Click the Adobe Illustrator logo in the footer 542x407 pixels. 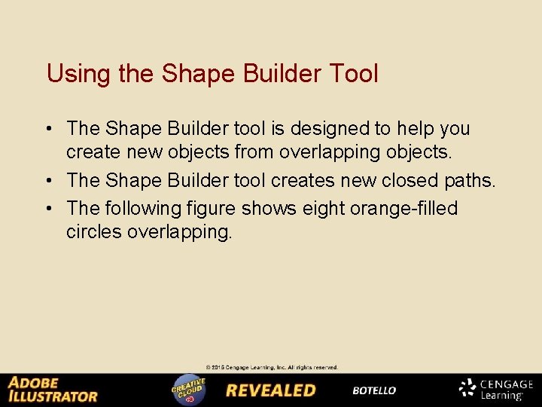click(53, 390)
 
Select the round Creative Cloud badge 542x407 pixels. click(189, 390)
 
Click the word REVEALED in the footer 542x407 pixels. click(271, 390)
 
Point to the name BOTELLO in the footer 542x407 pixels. click(374, 390)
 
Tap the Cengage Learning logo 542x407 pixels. click(496, 389)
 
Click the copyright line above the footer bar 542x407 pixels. click(266, 368)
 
